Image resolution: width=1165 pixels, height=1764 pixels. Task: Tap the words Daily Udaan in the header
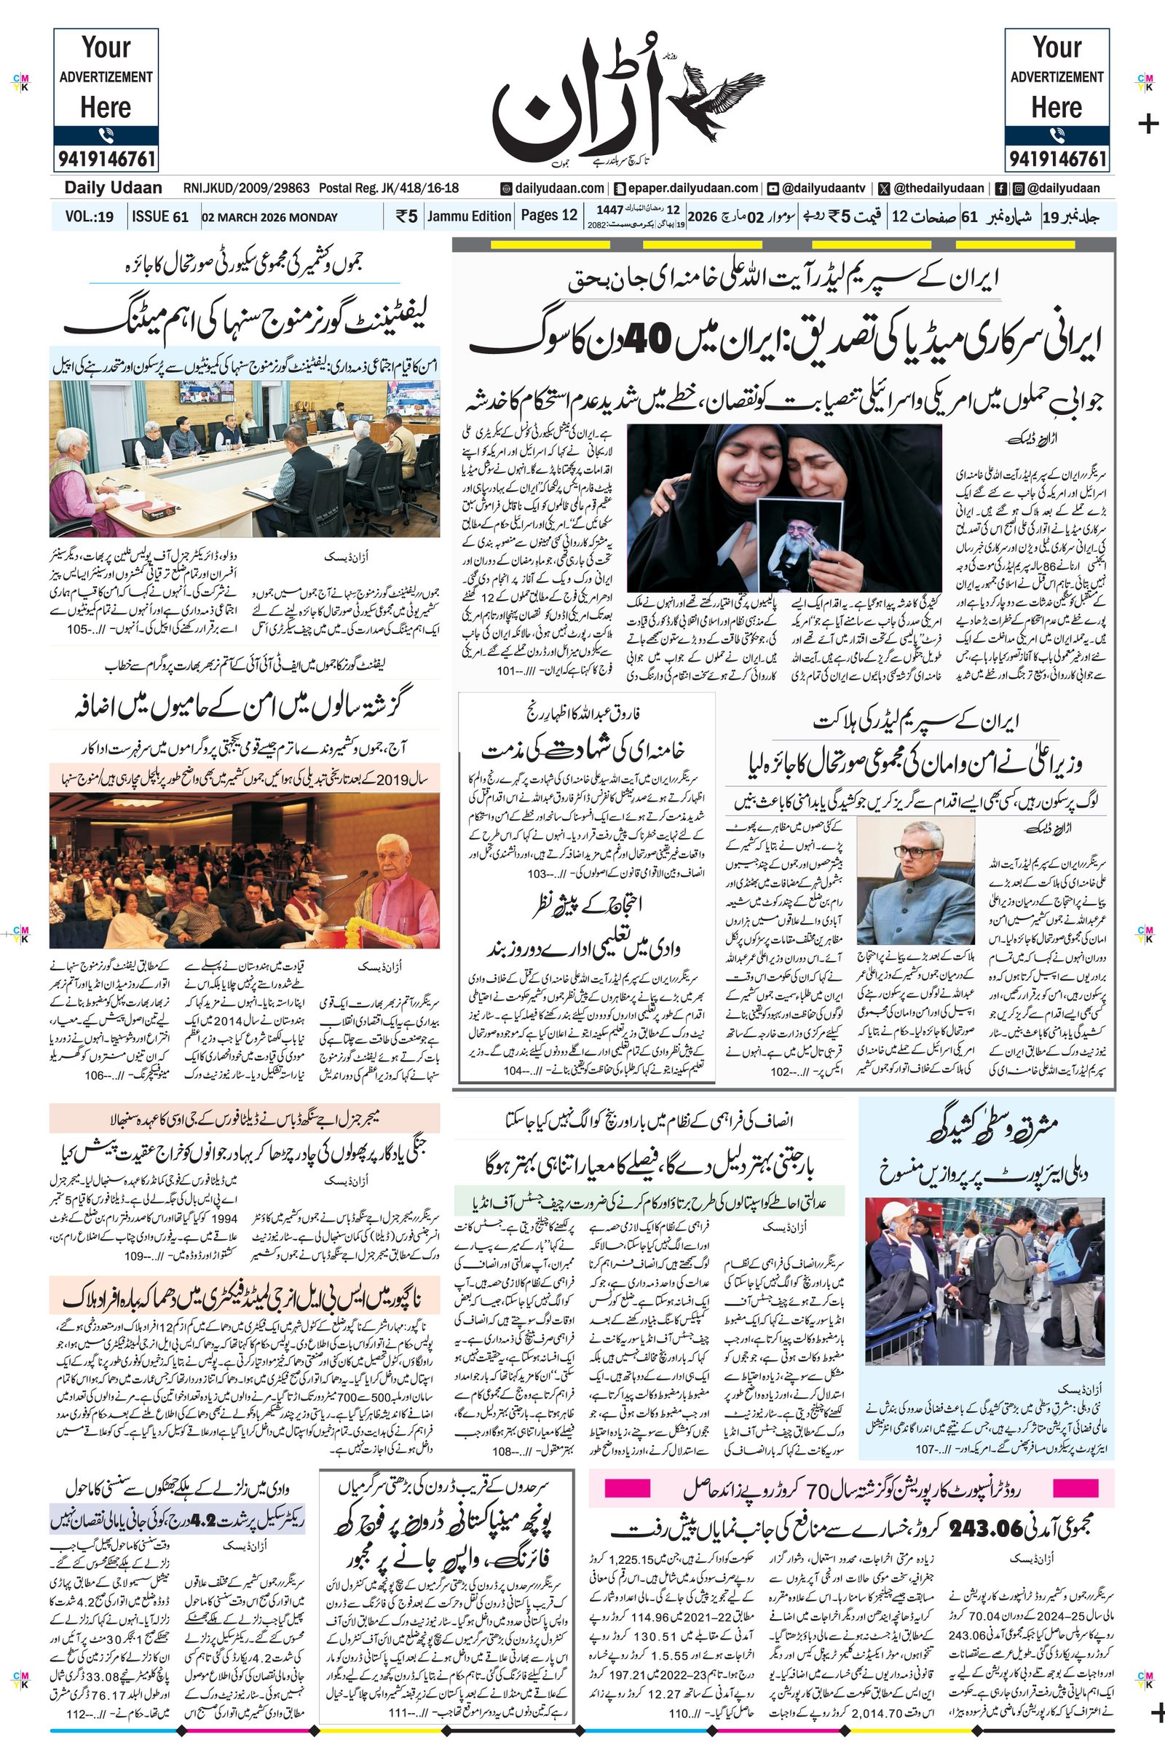coord(113,188)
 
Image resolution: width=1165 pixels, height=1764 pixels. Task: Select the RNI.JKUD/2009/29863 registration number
coord(246,188)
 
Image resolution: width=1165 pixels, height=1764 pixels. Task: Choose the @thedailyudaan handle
coord(939,188)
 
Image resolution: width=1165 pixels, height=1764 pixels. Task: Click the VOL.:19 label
coord(90,217)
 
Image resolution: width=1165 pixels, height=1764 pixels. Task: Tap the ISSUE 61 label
coord(159,217)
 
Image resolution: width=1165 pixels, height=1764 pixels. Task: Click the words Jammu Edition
coord(469,216)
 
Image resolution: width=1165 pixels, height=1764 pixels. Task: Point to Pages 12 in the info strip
coord(548,215)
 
